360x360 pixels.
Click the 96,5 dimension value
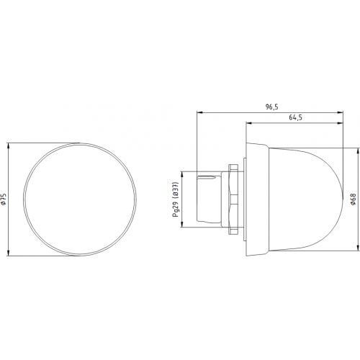pos(271,107)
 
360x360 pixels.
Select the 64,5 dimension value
pos(295,117)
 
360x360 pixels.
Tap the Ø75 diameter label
pos(4,199)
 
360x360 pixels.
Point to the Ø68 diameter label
pos(353,199)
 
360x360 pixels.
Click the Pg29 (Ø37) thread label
pos(176,199)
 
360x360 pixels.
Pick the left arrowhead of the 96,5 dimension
pos(199,112)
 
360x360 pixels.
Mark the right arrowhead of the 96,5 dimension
pos(341,112)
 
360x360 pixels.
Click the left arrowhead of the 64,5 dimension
pos(248,123)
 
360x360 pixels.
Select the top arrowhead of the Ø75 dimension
pos(9,145)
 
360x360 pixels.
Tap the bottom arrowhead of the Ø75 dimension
pos(9,253)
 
